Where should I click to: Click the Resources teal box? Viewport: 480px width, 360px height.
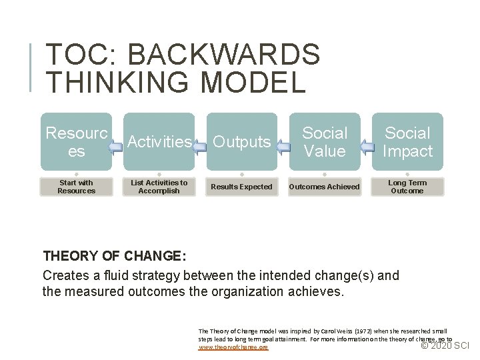pyautogui.click(x=76, y=141)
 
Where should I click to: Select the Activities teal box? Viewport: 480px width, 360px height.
pyautogui.click(x=159, y=141)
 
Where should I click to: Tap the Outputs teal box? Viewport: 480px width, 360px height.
pyautogui.click(x=241, y=141)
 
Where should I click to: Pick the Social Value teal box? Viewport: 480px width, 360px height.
pyautogui.click(x=325, y=141)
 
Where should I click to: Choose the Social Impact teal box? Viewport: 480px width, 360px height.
pyautogui.click(x=407, y=141)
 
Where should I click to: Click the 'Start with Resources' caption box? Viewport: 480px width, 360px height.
pyautogui.click(x=76, y=187)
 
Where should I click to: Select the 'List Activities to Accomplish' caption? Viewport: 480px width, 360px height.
pyautogui.click(x=159, y=187)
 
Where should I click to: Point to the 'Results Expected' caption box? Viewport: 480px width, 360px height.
pyautogui.click(x=241, y=187)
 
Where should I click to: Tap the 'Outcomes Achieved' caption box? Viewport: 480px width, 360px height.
pyautogui.click(x=325, y=187)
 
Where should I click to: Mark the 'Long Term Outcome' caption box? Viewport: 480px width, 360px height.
pyautogui.click(x=407, y=187)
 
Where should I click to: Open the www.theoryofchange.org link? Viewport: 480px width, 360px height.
pyautogui.click(x=233, y=347)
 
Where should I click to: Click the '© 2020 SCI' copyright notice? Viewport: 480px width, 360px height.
pyautogui.click(x=446, y=345)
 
